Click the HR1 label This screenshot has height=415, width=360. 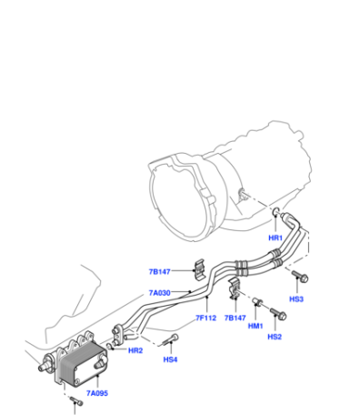click(x=275, y=238)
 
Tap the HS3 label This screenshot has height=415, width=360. click(x=296, y=299)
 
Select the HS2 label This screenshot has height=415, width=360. click(x=275, y=337)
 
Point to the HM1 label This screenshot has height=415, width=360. click(x=255, y=326)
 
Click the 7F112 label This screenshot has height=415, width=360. click(x=205, y=318)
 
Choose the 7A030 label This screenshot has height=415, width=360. click(x=159, y=293)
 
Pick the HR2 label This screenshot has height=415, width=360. click(x=135, y=350)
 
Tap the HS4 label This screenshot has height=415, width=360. click(x=170, y=359)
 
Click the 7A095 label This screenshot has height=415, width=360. click(x=97, y=393)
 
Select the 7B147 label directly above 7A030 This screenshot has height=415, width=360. click(x=159, y=272)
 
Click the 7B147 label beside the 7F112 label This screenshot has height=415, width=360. click(x=235, y=318)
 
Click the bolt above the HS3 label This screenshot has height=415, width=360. click(x=300, y=277)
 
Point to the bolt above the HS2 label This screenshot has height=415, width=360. click(x=278, y=314)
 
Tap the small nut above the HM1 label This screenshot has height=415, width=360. click(x=257, y=301)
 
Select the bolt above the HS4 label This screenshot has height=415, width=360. click(x=170, y=339)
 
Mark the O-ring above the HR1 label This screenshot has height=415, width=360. click(x=276, y=212)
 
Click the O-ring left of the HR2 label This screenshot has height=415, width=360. click(x=109, y=346)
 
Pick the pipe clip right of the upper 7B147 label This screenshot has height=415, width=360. click(x=199, y=268)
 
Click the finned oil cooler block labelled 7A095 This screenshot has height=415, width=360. click(x=81, y=361)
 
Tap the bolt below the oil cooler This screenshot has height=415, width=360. click(x=76, y=401)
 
